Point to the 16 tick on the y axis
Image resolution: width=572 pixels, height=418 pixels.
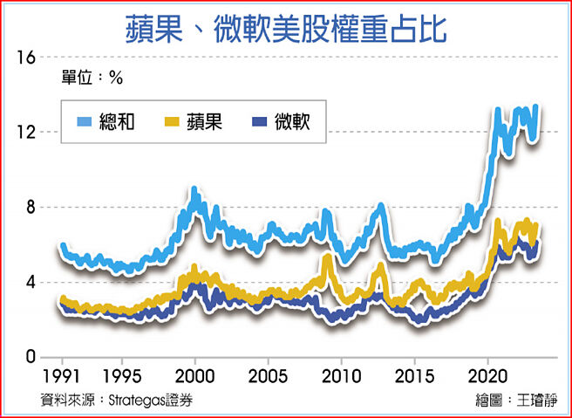[x=26, y=57]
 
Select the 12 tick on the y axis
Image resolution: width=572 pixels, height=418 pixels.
[x=26, y=132]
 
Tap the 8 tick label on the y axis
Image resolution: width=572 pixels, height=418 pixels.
[x=31, y=207]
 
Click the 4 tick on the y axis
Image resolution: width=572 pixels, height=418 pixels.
[x=31, y=282]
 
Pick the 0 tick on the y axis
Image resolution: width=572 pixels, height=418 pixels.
[x=31, y=357]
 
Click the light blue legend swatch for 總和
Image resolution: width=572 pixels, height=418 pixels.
[x=86, y=120]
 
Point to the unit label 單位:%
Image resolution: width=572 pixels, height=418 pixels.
[x=92, y=78]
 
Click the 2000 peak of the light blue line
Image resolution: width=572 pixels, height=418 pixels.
[x=194, y=190]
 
